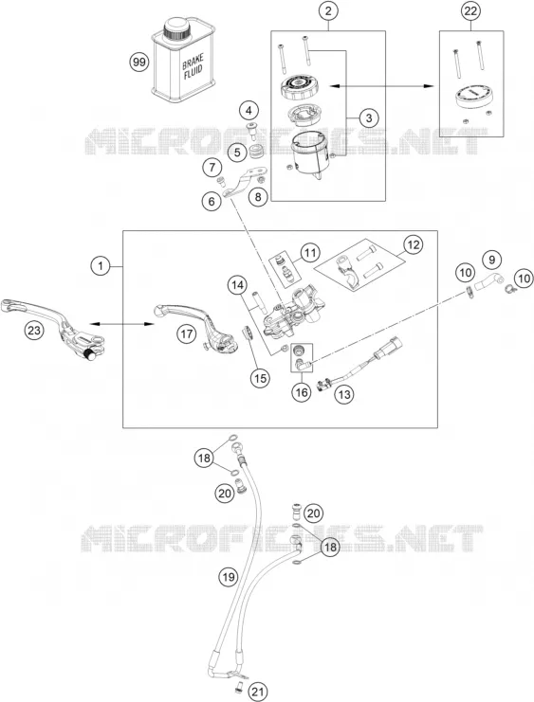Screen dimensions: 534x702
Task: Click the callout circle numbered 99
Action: [x=139, y=62]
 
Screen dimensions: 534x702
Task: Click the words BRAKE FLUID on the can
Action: [x=193, y=66]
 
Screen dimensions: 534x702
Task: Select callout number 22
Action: [x=470, y=11]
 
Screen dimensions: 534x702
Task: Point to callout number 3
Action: [x=369, y=118]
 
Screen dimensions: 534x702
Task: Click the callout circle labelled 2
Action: [x=328, y=11]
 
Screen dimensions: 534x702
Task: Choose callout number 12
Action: [x=413, y=244]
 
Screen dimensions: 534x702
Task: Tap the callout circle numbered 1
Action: [x=101, y=266]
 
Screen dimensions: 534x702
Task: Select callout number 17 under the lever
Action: [x=187, y=333]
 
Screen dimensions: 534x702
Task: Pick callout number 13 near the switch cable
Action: [x=344, y=394]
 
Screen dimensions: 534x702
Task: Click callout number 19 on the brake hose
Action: [x=229, y=576]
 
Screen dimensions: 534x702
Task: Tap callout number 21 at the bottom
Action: [x=258, y=692]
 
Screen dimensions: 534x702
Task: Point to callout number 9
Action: [x=492, y=260]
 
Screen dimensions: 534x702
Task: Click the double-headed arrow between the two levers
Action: [x=121, y=324]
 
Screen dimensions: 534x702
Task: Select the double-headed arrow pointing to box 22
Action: [x=381, y=86]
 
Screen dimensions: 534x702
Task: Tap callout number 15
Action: [x=260, y=378]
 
